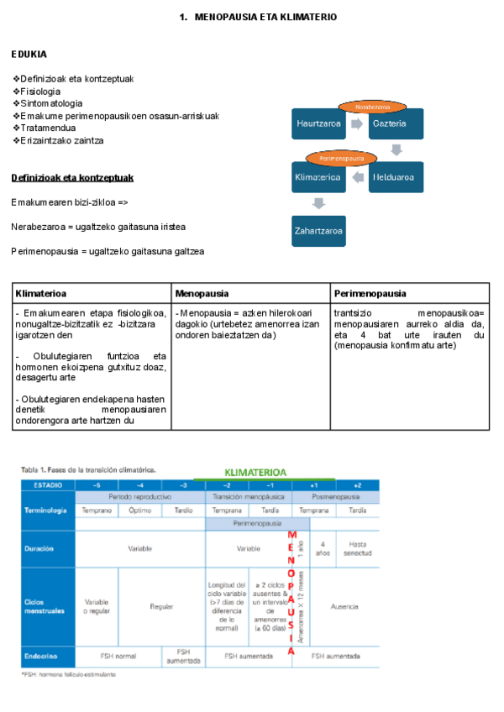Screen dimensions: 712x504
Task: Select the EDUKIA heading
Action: pyautogui.click(x=29, y=55)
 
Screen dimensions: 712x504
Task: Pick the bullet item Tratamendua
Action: pyautogui.click(x=45, y=128)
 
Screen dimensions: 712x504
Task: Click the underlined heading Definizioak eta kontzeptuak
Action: pyautogui.click(x=72, y=178)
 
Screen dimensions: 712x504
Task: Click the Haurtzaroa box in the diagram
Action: pyautogui.click(x=318, y=123)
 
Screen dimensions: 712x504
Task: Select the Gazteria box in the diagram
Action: pyautogui.click(x=390, y=123)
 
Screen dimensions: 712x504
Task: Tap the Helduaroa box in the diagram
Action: pyautogui.click(x=395, y=177)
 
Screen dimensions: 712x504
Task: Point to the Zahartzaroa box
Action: pyautogui.click(x=318, y=230)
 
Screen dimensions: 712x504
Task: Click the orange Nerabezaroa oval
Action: pyautogui.click(x=372, y=107)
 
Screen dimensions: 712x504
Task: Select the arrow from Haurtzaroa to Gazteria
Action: pyautogui.click(x=356, y=123)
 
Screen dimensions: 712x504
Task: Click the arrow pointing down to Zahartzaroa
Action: pyautogui.click(x=318, y=203)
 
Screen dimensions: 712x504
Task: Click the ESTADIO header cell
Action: pyautogui.click(x=48, y=485)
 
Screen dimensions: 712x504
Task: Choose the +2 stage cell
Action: pyautogui.click(x=356, y=485)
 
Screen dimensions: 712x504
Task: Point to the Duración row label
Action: pyautogui.click(x=41, y=548)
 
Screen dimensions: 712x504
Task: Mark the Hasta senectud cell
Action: pyautogui.click(x=356, y=548)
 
